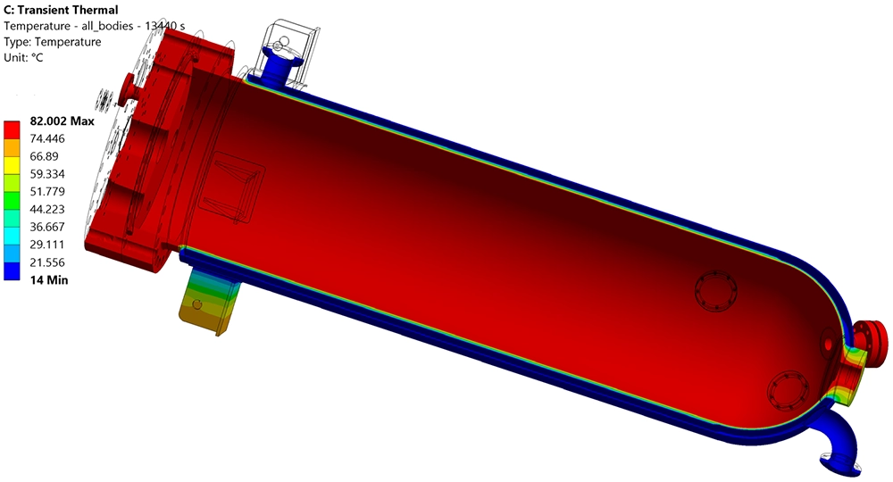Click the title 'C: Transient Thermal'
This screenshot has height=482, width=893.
pos(62,10)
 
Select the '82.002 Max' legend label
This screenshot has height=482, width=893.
pos(62,121)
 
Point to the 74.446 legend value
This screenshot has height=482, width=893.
pos(50,139)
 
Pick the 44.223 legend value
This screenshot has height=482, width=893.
pos(50,210)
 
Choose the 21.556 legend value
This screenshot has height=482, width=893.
pos(50,262)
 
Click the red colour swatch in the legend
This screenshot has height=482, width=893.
pos(13,127)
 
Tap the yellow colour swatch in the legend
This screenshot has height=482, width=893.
pos(13,162)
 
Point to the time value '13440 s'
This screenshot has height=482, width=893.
pos(163,26)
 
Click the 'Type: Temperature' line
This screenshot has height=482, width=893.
pos(53,41)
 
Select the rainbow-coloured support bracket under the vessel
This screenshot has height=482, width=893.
pos(203,303)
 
